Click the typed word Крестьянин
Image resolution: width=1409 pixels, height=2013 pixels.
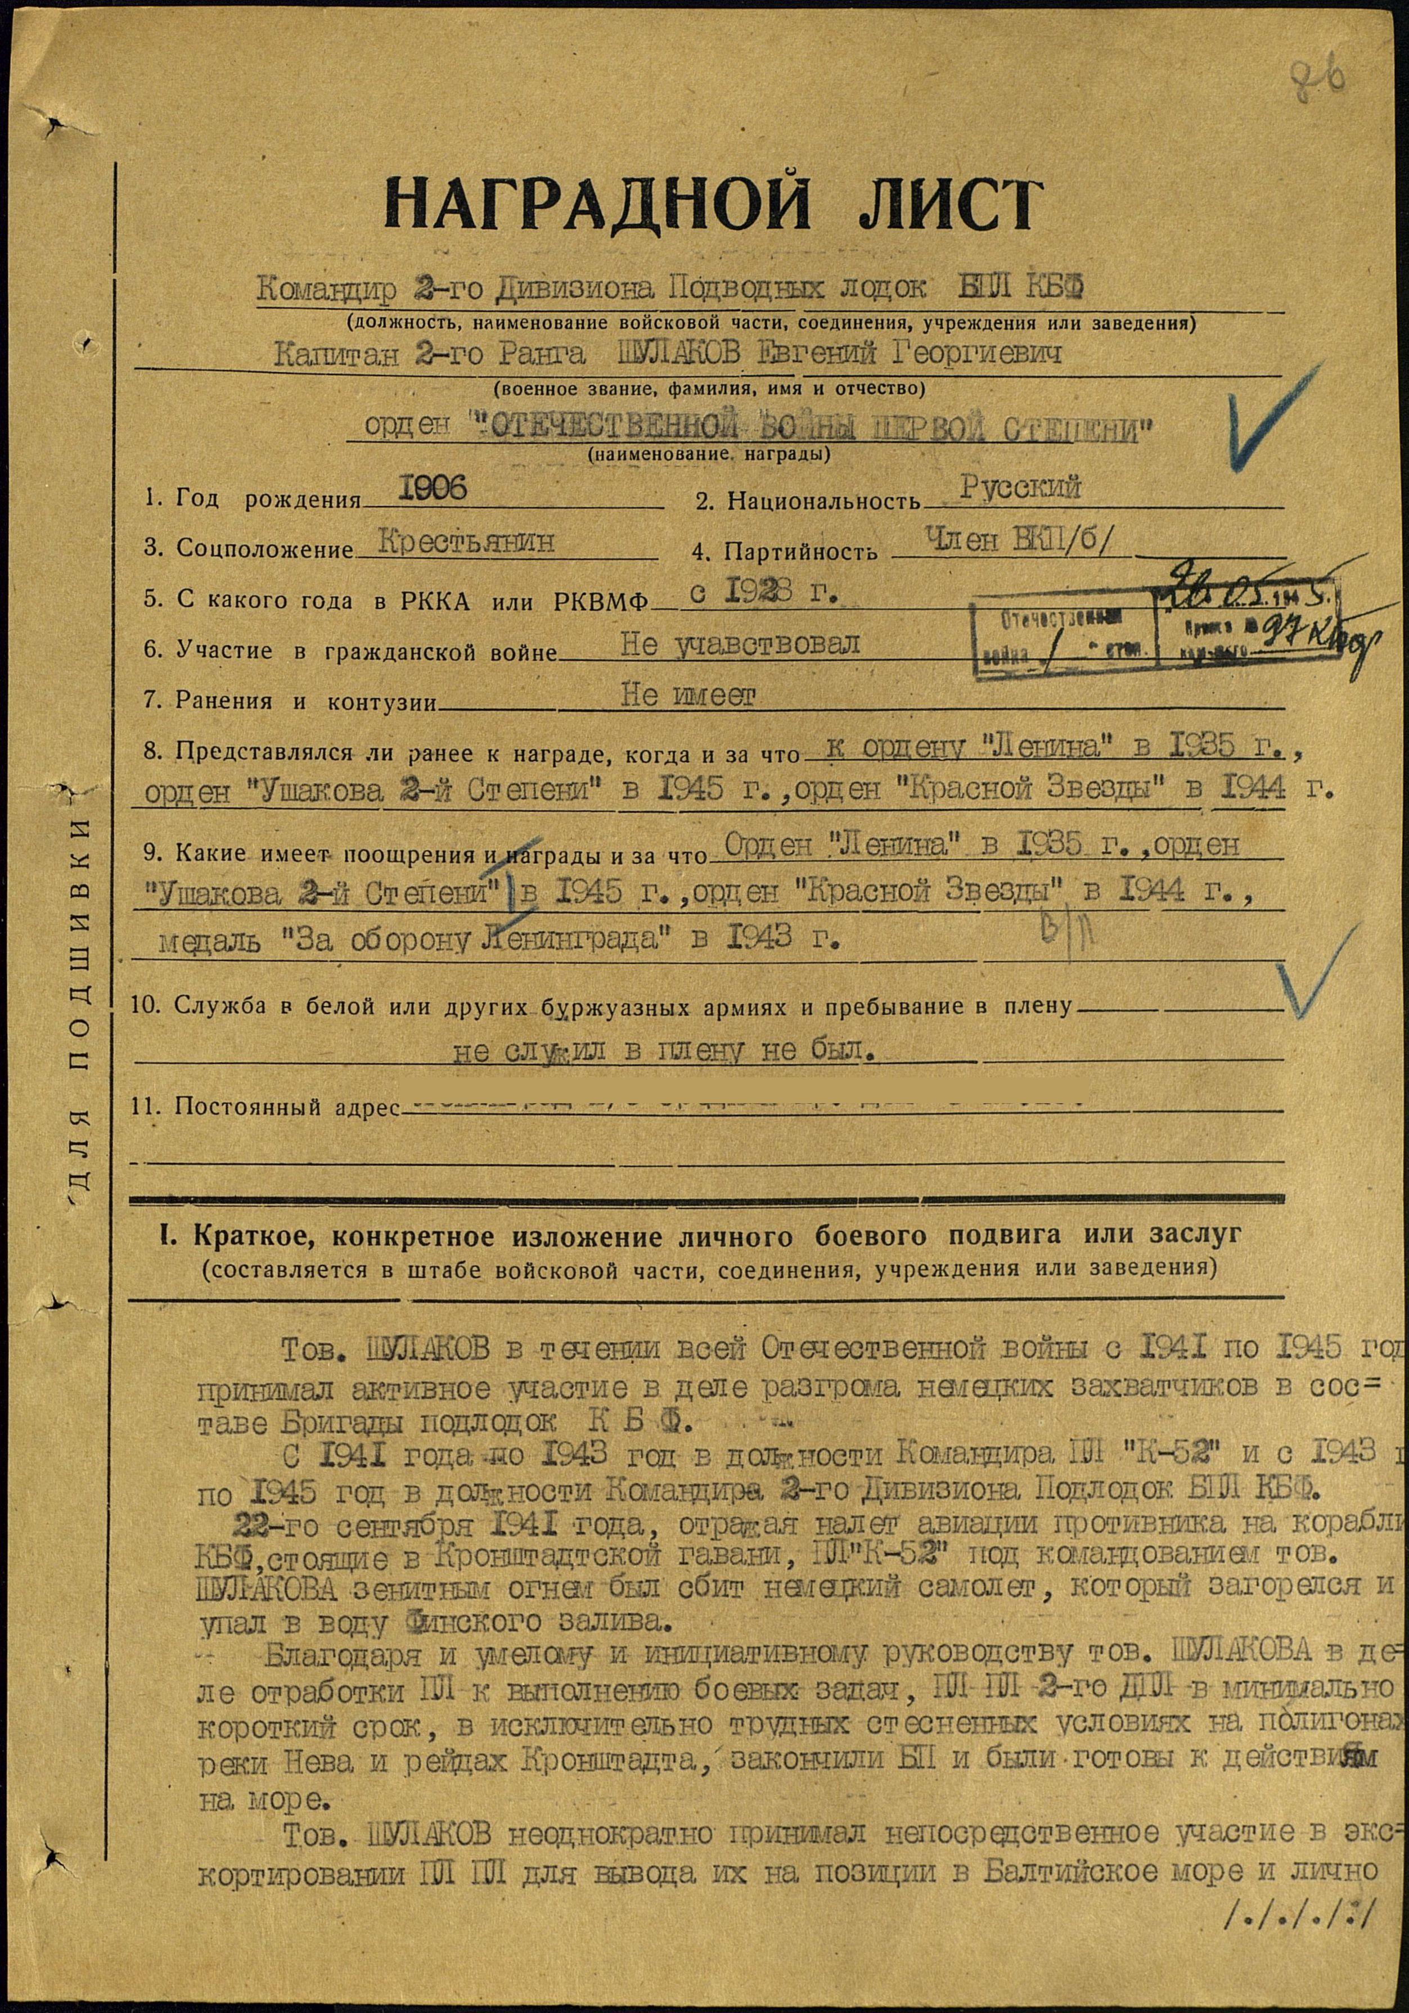coord(467,542)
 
